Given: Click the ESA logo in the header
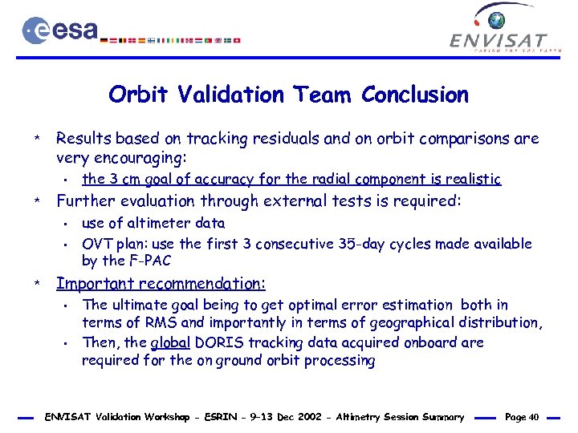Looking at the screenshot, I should click(x=60, y=30).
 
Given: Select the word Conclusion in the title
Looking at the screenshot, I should click(x=414, y=95).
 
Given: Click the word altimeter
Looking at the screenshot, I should click(x=150, y=223).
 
